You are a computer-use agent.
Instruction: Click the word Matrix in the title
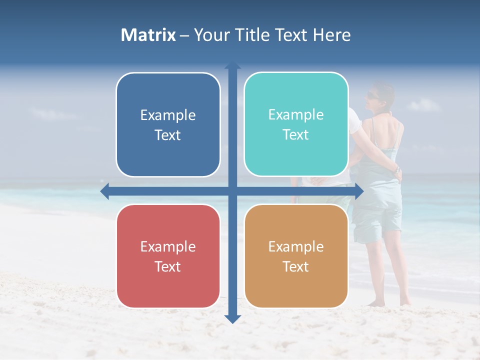coord(148,35)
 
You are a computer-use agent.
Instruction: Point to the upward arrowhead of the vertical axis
coord(232,65)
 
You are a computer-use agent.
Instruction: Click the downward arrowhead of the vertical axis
coord(232,319)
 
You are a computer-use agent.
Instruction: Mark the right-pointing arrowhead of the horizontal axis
coord(358,191)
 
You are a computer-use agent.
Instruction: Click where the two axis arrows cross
coord(232,191)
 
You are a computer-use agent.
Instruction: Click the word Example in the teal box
coord(296,115)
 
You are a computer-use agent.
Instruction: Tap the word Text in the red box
coord(168,266)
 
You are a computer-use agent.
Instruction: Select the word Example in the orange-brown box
coord(296,246)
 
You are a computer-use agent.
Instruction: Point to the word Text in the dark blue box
coord(168,135)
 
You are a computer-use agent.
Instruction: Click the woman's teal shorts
coord(377,220)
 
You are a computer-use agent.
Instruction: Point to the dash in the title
coord(184,35)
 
